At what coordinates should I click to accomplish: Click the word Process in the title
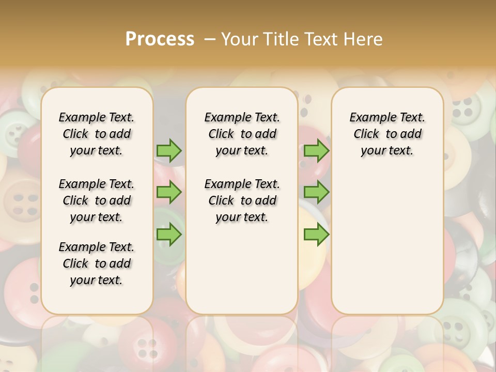160,39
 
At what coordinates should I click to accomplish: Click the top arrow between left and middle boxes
169,151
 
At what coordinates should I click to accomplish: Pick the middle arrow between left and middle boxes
169,192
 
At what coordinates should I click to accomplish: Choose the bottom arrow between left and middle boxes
169,235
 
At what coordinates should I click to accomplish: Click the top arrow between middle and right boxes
316,151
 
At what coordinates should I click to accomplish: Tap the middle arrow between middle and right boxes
316,192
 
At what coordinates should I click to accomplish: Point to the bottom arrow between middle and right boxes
316,235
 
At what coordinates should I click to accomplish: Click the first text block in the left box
97,134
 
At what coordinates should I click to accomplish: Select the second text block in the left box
97,200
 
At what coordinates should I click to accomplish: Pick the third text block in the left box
97,263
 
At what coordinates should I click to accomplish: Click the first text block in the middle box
242,134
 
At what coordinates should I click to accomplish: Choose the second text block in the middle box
242,200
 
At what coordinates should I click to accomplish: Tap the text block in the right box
387,134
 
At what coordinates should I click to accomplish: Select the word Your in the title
239,39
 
